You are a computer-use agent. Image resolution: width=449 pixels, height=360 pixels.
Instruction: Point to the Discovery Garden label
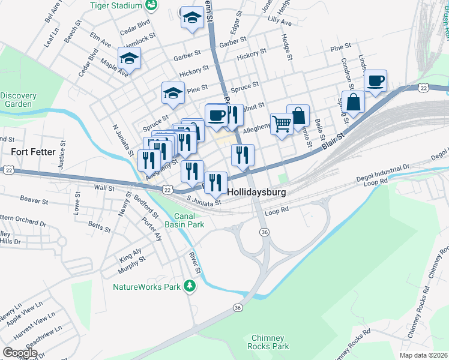click(x=18, y=100)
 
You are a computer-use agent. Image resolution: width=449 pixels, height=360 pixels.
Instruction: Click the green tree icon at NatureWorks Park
click(x=190, y=286)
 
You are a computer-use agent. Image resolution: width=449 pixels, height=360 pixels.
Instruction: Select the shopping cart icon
click(x=281, y=124)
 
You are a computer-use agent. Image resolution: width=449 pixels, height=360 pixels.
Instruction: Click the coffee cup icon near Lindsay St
click(x=376, y=80)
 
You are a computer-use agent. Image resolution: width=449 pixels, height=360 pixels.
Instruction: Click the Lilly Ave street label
click(x=280, y=22)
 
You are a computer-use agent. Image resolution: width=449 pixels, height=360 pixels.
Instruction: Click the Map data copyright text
click(x=423, y=355)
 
